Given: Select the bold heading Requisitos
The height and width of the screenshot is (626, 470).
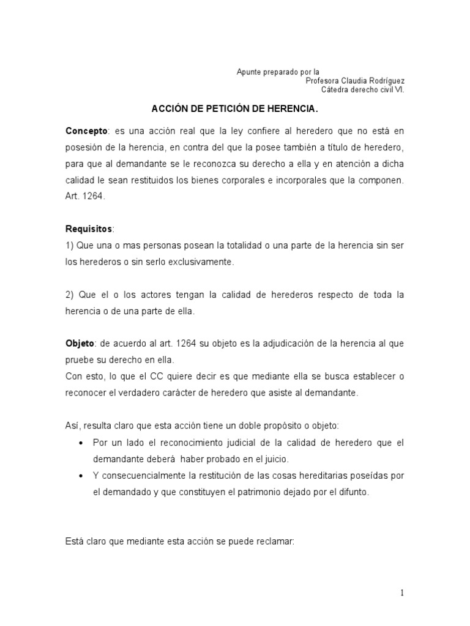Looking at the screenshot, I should pyautogui.click(x=89, y=229).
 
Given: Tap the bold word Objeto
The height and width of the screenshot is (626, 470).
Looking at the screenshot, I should pyautogui.click(x=81, y=344).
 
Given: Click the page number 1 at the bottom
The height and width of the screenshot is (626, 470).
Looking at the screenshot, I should pyautogui.click(x=402, y=592).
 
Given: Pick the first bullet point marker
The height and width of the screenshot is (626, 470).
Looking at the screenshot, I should pyautogui.click(x=81, y=443).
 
